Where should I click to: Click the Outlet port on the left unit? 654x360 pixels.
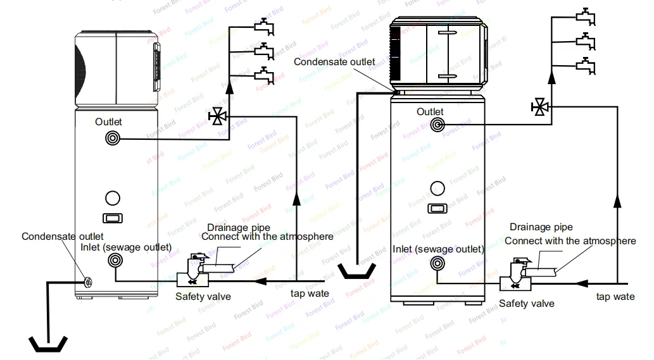click(113, 137)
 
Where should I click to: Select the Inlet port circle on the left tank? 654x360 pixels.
click(115, 259)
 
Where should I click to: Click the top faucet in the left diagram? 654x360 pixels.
click(263, 27)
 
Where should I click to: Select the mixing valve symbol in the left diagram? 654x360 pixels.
click(218, 116)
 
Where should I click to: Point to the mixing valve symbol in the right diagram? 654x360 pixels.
click(540, 106)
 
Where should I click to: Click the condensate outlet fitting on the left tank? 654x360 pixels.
click(86, 282)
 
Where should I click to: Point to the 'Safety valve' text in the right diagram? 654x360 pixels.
click(526, 304)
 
